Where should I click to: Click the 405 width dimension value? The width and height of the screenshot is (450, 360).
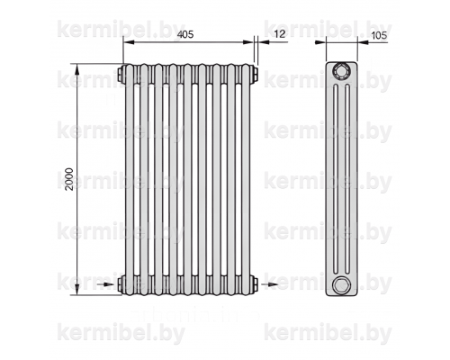[185, 34]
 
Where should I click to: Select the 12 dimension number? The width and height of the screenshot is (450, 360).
[280, 34]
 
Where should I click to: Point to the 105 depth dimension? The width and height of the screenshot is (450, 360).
[379, 35]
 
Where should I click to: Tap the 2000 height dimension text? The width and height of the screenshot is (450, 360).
[69, 179]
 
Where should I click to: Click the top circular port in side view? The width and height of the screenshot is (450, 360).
[341, 71]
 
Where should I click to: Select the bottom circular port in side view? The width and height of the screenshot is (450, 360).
[341, 284]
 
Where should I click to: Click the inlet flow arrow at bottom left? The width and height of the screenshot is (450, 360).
[106, 284]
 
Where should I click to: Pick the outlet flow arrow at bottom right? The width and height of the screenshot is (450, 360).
[269, 284]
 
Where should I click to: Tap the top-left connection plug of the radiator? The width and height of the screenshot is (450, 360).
[121, 74]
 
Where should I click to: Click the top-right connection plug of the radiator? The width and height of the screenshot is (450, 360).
[255, 74]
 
